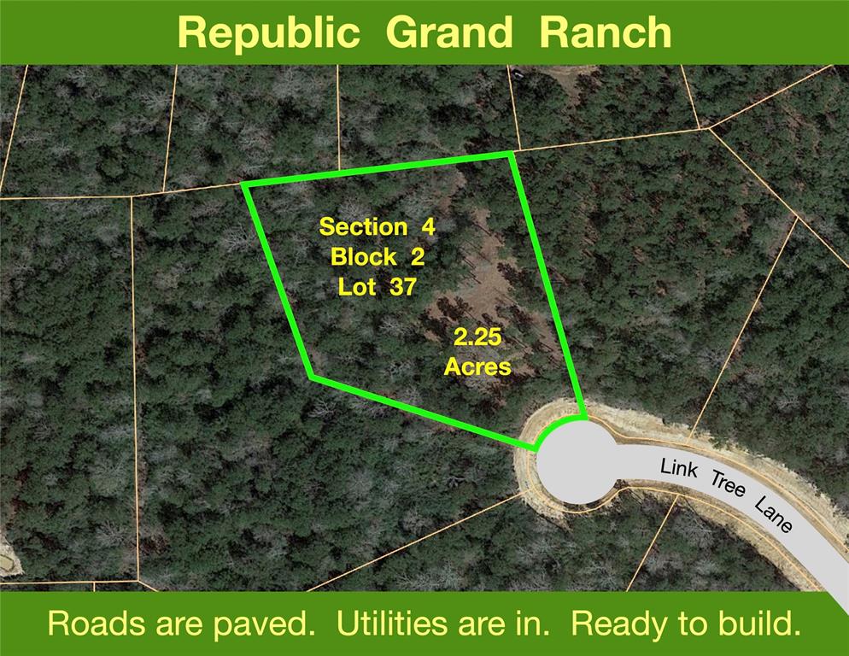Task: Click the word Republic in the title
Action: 268,33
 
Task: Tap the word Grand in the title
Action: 448,33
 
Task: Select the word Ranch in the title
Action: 606,33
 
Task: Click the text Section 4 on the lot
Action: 377,227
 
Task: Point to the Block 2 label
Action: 377,256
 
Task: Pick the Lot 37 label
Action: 377,286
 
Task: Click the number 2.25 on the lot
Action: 477,338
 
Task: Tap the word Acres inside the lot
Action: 477,367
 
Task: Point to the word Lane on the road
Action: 773,515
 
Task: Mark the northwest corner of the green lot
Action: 244,184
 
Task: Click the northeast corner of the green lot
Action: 511,154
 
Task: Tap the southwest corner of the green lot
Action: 312,376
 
